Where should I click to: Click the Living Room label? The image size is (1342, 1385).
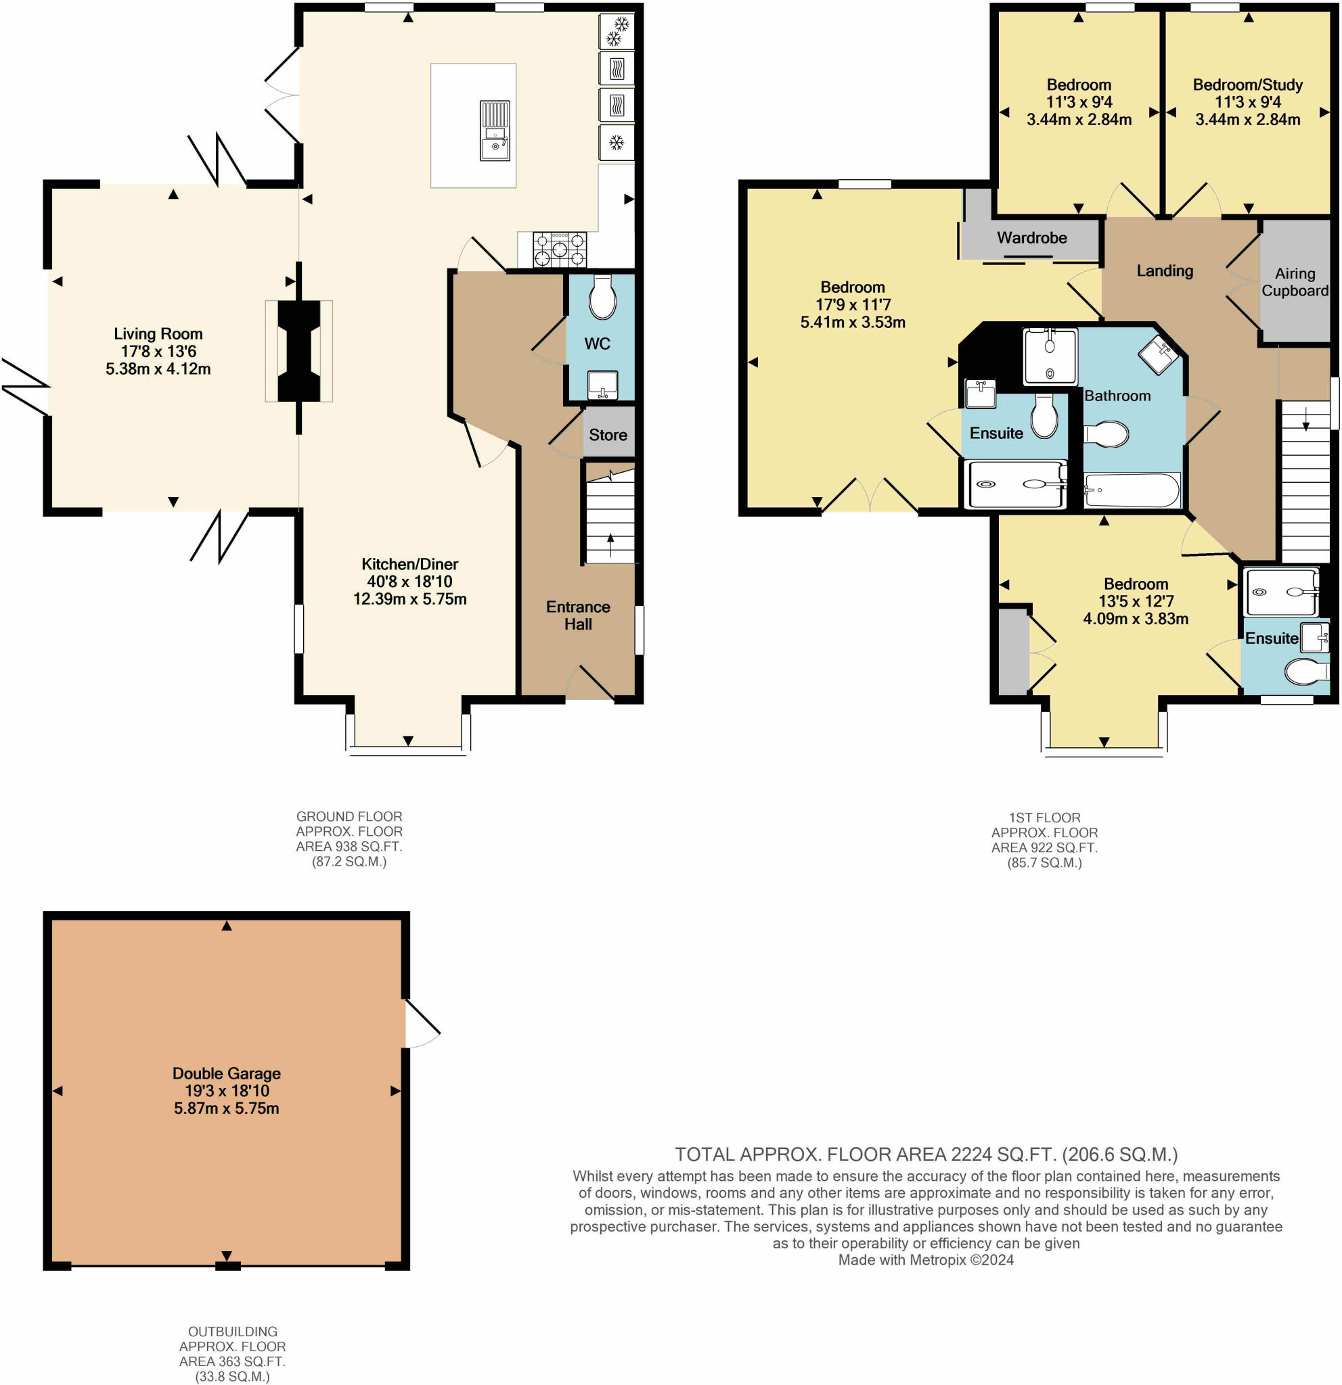tap(158, 333)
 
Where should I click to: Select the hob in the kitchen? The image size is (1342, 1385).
tap(559, 249)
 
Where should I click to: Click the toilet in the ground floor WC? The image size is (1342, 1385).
tap(602, 298)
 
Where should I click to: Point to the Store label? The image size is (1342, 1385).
tap(607, 435)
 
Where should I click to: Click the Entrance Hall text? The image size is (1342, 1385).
tap(578, 615)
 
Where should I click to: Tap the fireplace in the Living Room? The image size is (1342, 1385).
tap(298, 351)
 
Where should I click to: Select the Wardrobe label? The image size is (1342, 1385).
tap(1031, 237)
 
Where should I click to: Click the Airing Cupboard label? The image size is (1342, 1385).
tap(1294, 282)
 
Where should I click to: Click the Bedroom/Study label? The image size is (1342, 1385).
tap(1247, 85)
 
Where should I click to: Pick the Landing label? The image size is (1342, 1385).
tap(1164, 271)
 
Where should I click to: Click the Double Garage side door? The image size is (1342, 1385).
tap(422, 1023)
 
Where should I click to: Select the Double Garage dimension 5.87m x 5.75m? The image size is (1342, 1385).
tap(226, 1107)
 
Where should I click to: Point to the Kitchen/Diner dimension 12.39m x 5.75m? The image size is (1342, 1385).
tap(409, 598)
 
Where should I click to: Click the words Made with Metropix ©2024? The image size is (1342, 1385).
tap(925, 1259)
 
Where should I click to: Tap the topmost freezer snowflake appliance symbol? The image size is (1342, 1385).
tap(617, 32)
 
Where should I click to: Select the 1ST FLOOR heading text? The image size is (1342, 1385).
tap(1044, 817)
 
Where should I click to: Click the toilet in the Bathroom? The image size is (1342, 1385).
tap(1106, 434)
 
